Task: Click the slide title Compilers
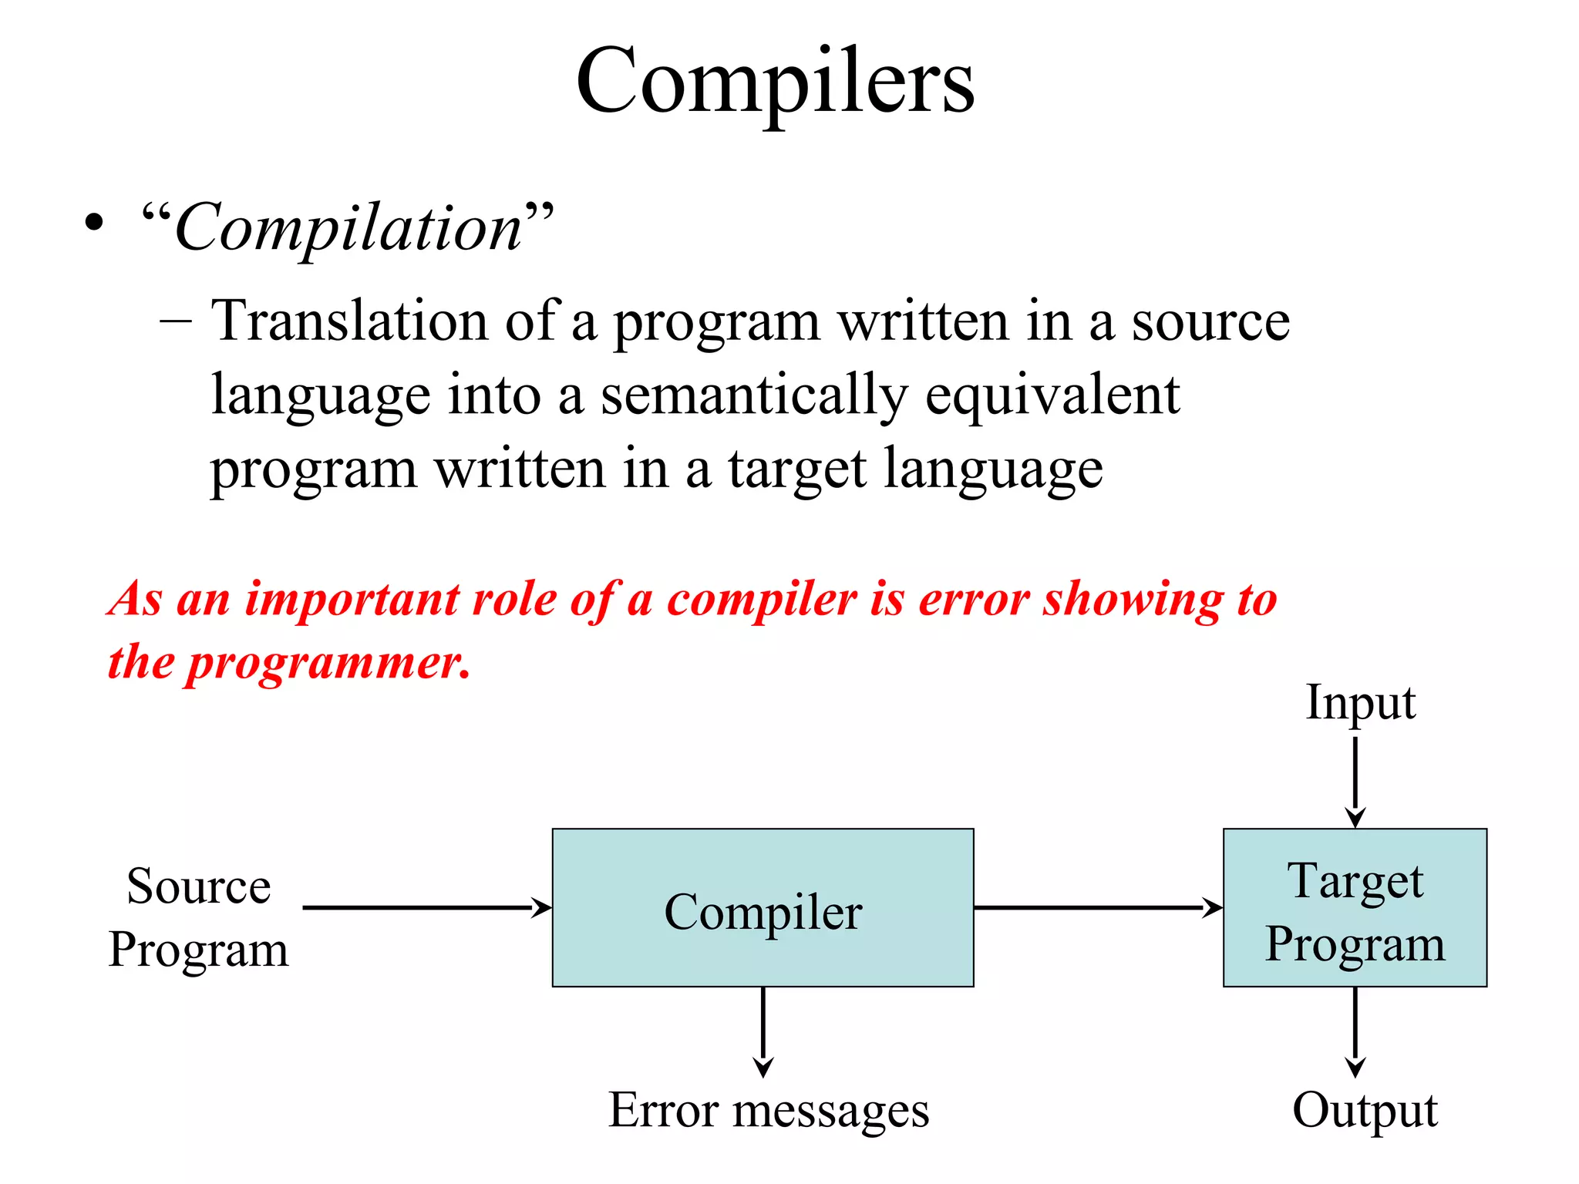775,81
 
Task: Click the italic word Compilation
348,228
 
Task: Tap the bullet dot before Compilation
94,224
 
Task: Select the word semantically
753,395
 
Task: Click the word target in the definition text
797,469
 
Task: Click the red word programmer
327,662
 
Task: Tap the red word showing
1132,599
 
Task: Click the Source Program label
198,917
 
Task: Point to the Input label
1360,703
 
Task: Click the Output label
1364,1111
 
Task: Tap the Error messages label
769,1111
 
